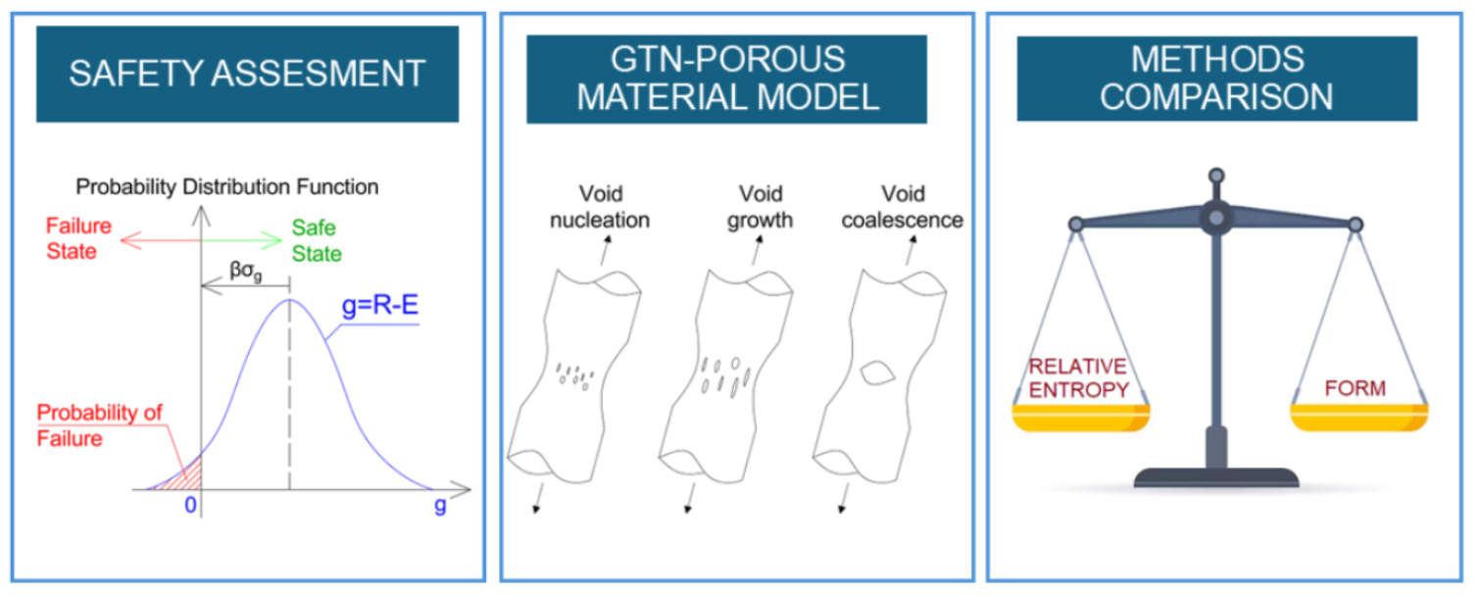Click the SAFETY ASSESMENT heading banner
(x=247, y=74)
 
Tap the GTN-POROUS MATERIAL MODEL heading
(x=726, y=78)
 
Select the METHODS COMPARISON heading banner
(x=1216, y=78)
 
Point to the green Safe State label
(x=316, y=241)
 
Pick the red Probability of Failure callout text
(x=99, y=425)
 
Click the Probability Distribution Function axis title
(x=227, y=186)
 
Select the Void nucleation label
(x=600, y=207)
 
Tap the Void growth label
(x=761, y=207)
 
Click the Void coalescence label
(x=902, y=207)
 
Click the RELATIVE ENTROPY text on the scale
(x=1078, y=378)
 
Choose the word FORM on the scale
(x=1356, y=388)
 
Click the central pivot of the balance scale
(x=1216, y=217)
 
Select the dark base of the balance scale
(x=1216, y=477)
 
